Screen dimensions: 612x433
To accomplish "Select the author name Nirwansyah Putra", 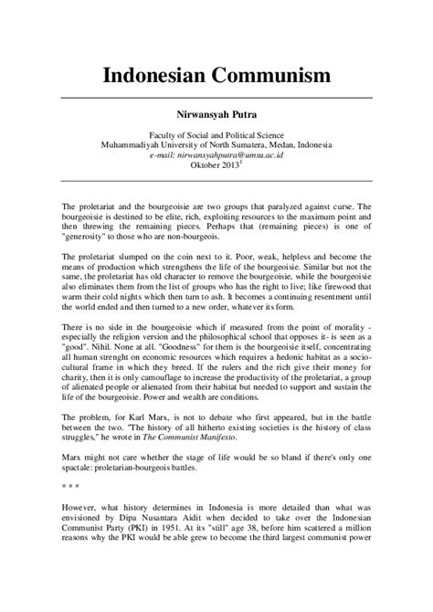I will point(216,117).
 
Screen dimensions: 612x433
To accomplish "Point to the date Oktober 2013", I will point(214,167).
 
